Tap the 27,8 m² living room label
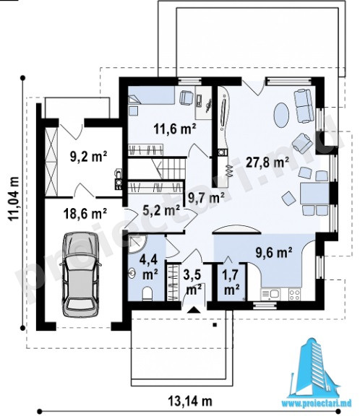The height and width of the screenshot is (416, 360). [x=267, y=162]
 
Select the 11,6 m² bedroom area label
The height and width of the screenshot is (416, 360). [x=175, y=129]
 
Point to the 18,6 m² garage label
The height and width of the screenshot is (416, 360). [x=85, y=213]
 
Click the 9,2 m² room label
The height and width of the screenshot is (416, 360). [x=89, y=157]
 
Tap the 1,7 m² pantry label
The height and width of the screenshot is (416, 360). [x=231, y=282]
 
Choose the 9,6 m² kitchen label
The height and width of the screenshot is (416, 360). [x=274, y=253]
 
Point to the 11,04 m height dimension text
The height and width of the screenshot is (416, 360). [x=13, y=199]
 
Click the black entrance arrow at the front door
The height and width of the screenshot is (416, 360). [x=194, y=310]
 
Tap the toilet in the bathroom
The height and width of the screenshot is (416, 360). [x=147, y=294]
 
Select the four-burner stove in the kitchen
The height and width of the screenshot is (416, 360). [x=294, y=295]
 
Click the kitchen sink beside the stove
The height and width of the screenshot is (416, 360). [x=270, y=295]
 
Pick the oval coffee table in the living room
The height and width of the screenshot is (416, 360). [x=281, y=115]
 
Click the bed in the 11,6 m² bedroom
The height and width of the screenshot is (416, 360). [x=151, y=95]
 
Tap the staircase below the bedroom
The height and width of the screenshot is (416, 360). [x=157, y=168]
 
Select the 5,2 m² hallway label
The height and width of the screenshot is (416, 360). [x=161, y=210]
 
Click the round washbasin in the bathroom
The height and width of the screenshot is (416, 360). [x=132, y=272]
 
